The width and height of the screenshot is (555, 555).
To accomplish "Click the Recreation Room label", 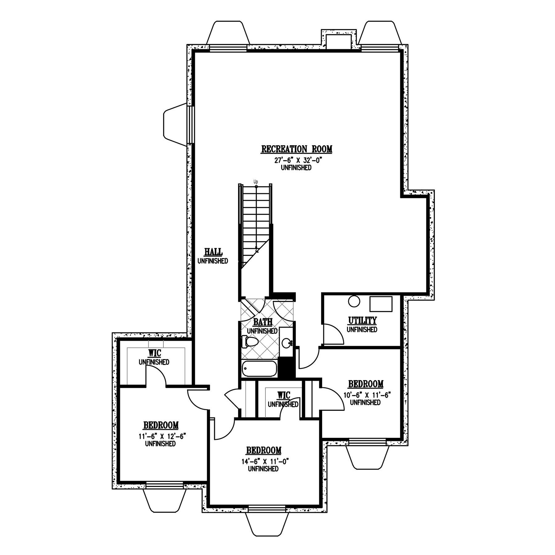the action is (297, 149).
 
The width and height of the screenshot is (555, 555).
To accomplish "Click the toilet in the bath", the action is (250, 342).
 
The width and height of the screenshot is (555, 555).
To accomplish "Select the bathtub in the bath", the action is (259, 368).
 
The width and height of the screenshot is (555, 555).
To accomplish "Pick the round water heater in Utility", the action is (354, 302).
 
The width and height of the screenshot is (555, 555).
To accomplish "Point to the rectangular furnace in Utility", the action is (381, 304).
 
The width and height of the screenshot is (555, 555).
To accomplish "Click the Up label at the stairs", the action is (256, 182).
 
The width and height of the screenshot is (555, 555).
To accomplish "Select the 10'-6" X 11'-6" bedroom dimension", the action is (366, 396).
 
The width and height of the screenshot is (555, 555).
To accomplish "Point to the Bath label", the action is (262, 322).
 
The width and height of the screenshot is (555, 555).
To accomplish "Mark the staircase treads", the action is (256, 225).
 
